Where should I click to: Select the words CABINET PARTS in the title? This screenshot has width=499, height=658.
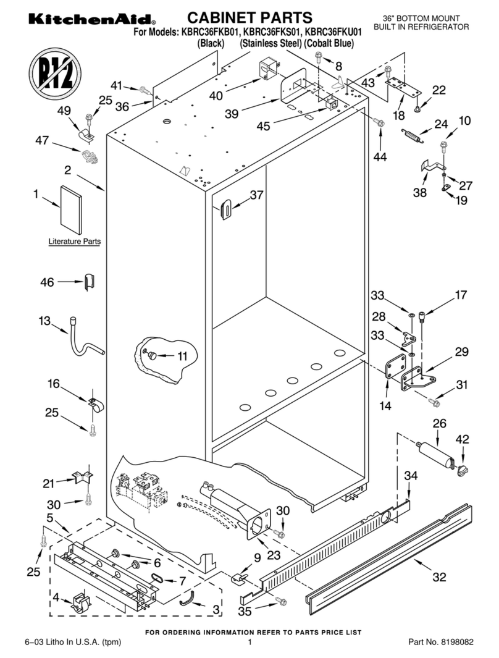249,17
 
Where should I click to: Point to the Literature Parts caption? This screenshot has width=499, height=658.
75,242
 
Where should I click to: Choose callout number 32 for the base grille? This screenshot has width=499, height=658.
439,578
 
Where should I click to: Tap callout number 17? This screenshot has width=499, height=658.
461,295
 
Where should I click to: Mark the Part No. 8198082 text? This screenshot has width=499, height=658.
441,643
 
